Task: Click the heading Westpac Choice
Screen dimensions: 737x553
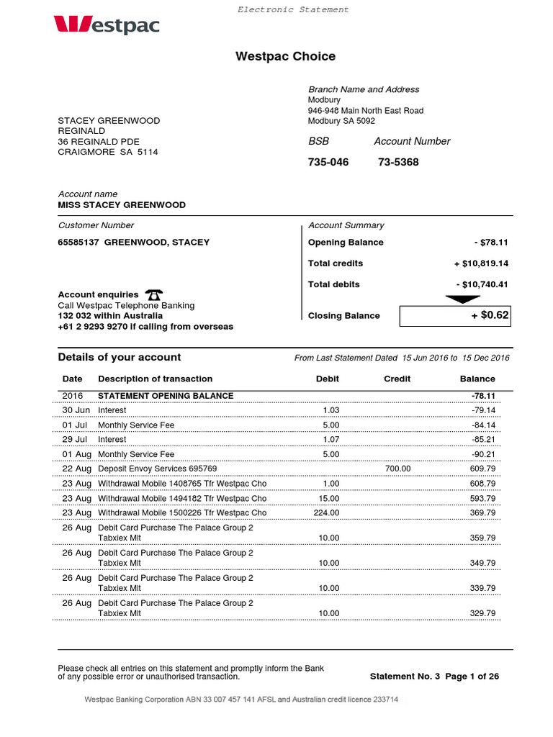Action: click(x=285, y=57)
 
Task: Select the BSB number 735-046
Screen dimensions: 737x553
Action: click(x=328, y=163)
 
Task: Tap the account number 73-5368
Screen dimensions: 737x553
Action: click(x=397, y=163)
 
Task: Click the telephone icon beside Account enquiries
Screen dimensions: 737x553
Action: click(x=153, y=294)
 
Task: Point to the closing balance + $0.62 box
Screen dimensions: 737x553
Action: click(x=454, y=315)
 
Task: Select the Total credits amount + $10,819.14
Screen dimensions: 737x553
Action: click(x=481, y=263)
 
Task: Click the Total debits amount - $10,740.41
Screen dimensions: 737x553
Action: click(x=482, y=284)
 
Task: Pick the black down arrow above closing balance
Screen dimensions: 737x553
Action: click(x=462, y=299)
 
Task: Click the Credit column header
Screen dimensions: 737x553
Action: click(x=397, y=379)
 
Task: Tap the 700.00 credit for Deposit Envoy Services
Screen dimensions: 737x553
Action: click(x=397, y=469)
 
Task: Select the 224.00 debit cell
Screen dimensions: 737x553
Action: click(x=326, y=513)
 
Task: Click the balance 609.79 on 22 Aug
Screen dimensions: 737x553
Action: click(x=482, y=469)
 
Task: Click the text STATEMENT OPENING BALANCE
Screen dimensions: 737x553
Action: click(x=166, y=396)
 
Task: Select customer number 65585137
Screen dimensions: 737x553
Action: click(x=78, y=243)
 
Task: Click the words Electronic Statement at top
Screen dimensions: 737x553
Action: click(x=293, y=10)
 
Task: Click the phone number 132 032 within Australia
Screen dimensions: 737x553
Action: click(x=105, y=316)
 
